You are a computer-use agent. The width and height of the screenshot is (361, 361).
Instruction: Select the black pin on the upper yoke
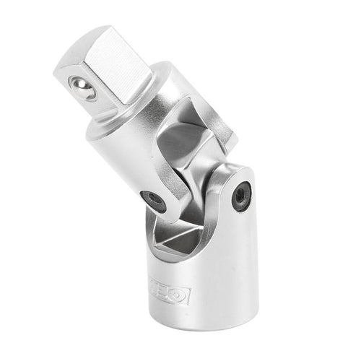pyautogui.click(x=153, y=202)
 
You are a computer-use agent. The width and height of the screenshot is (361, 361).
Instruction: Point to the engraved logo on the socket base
pyautogui.click(x=171, y=295)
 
